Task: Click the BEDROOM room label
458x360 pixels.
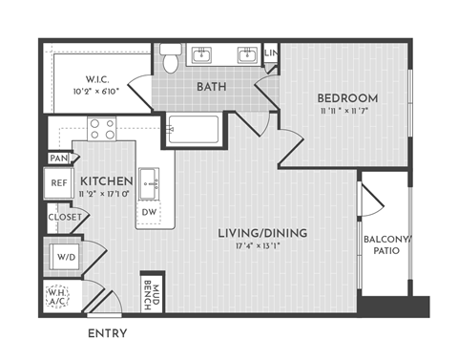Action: [x=347, y=97]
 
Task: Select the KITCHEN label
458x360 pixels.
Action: [x=105, y=180]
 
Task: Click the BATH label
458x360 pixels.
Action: [x=211, y=87]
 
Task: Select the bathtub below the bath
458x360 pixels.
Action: [x=193, y=129]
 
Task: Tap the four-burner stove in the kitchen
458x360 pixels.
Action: [x=101, y=127]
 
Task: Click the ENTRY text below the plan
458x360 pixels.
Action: [x=108, y=334]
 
